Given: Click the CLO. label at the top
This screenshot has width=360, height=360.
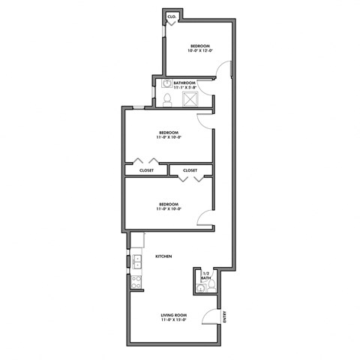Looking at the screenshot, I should click(x=172, y=16).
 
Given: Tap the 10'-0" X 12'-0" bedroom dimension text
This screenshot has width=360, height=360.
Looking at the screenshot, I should click(x=200, y=50).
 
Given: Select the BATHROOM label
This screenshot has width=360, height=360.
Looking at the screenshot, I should click(x=184, y=82).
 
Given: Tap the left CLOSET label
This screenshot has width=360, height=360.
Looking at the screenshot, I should click(x=146, y=170).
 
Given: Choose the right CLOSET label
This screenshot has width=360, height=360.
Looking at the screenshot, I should click(x=190, y=170).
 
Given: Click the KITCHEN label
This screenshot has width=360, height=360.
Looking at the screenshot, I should click(x=164, y=257).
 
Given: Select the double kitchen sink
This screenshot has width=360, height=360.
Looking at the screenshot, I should click(x=137, y=262).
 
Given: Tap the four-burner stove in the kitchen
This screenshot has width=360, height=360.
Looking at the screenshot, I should click(x=137, y=282).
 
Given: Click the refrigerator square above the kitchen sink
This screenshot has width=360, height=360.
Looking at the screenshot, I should click(x=137, y=240).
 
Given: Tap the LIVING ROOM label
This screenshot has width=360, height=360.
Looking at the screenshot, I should click(x=173, y=315).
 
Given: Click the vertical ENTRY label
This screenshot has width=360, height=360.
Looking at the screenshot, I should click(x=226, y=317).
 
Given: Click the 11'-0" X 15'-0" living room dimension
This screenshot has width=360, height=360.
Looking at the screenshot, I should click(x=173, y=321).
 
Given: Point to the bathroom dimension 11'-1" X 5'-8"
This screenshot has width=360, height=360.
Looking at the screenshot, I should click(x=184, y=88).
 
